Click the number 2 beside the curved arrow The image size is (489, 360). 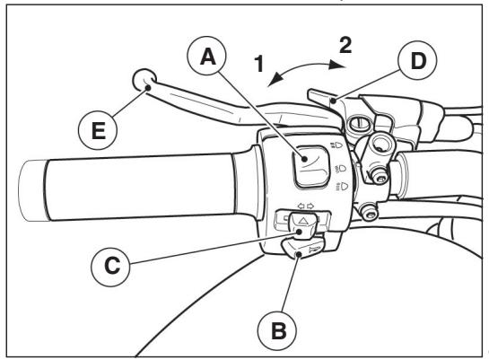[343, 42]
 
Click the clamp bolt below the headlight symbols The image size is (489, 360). [367, 212]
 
